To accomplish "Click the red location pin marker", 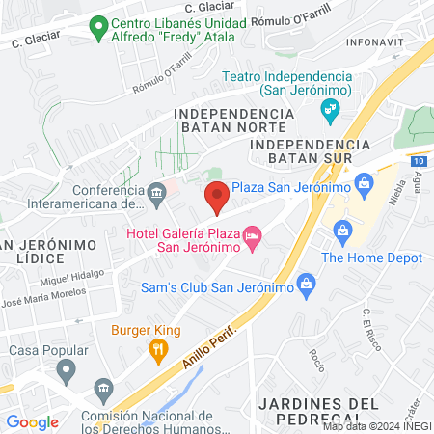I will click(217, 196).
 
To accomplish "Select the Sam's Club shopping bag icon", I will click(307, 284).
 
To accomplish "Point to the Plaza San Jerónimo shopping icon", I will click(364, 181).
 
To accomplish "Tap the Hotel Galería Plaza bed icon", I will click(253, 235).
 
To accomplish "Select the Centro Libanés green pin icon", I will click(97, 29).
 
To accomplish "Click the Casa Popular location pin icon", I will click(67, 369).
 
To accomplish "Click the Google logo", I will click(32, 421).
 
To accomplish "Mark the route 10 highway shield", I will click(415, 162).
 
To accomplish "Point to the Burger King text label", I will click(146, 330).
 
